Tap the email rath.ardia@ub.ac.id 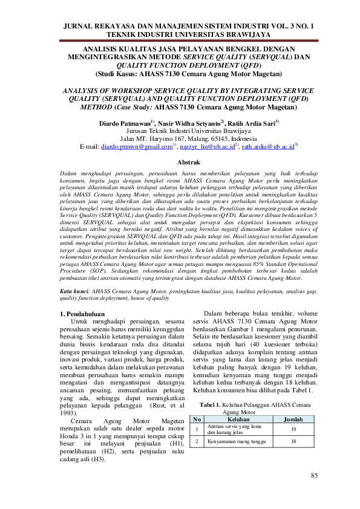point(253,146)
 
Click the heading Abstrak point(179,162)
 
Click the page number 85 point(314,476)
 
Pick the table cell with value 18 point(293,442)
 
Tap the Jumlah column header point(293,418)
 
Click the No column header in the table point(196,418)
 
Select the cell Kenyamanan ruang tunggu point(235,442)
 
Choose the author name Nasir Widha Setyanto point(192,123)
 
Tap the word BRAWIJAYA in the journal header point(243,36)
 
